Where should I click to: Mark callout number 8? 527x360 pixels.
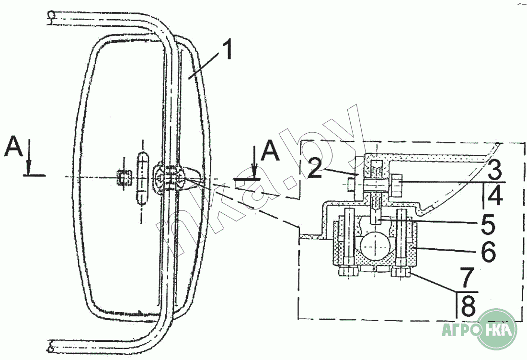click(468, 305)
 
